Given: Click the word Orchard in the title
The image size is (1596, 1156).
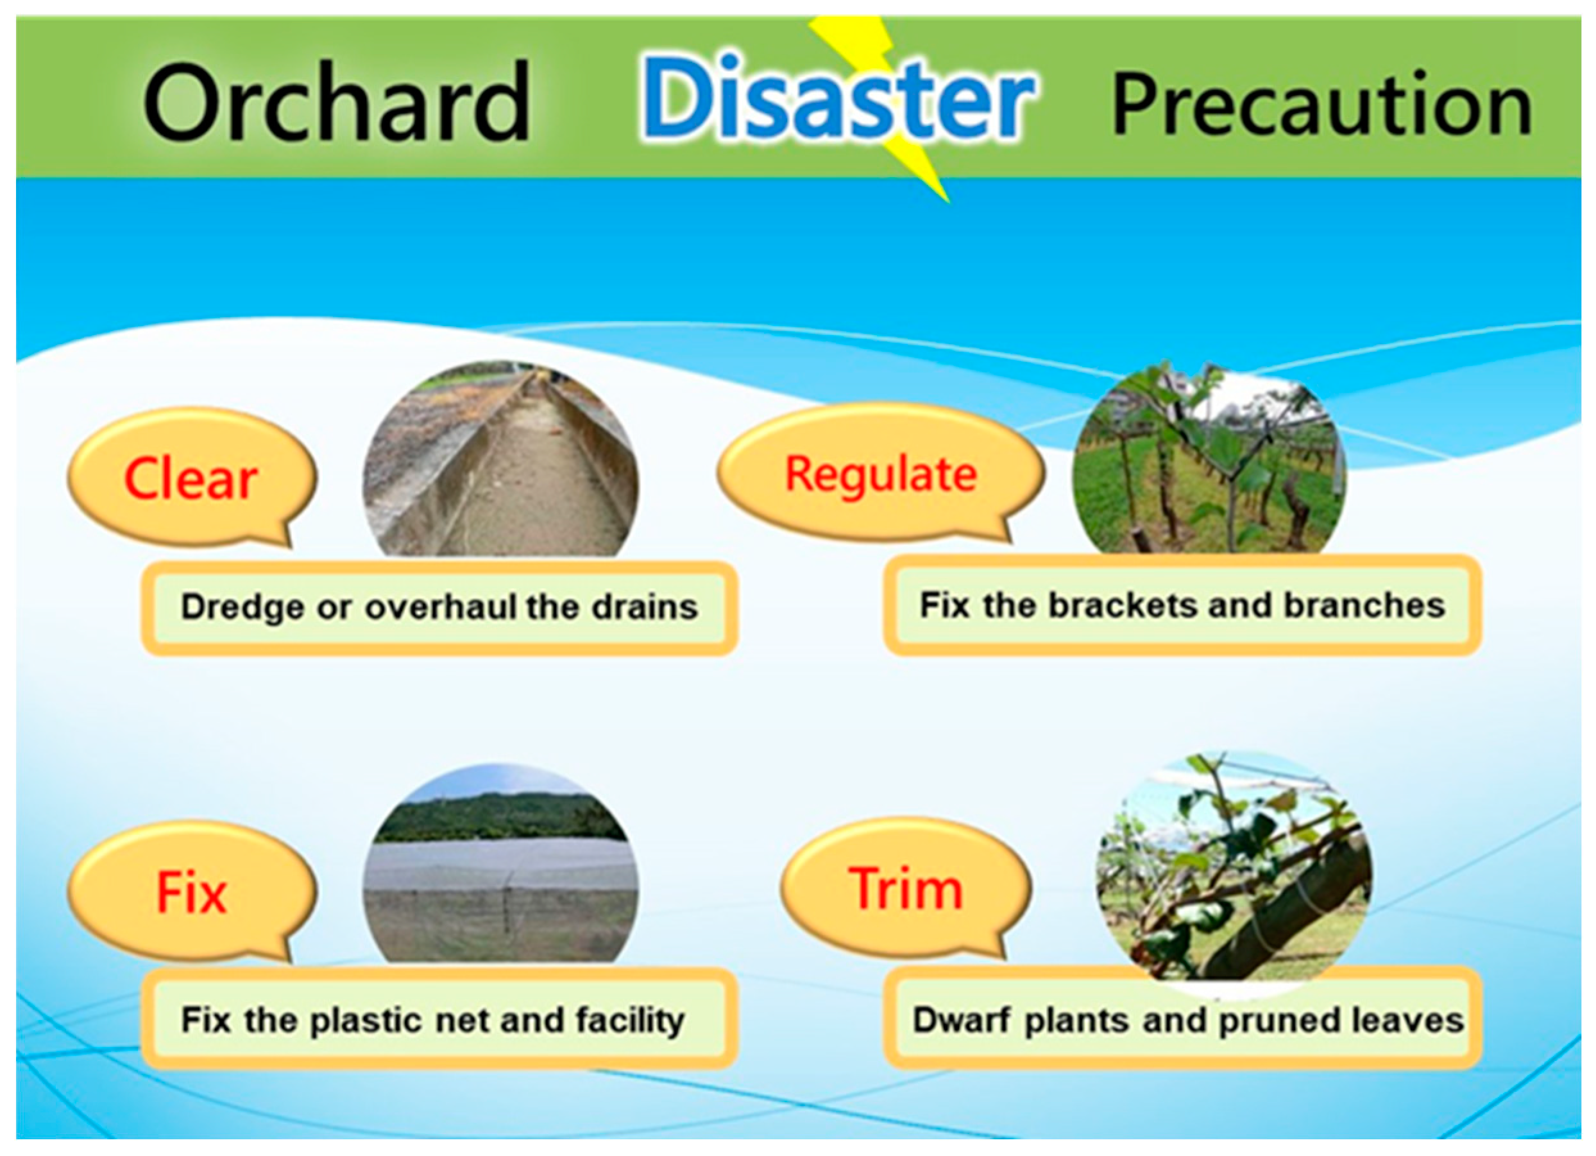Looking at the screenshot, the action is [x=336, y=101].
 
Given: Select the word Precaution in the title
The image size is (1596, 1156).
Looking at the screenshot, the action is [x=1322, y=103].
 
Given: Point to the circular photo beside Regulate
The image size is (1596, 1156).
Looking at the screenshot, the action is [x=1209, y=458].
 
